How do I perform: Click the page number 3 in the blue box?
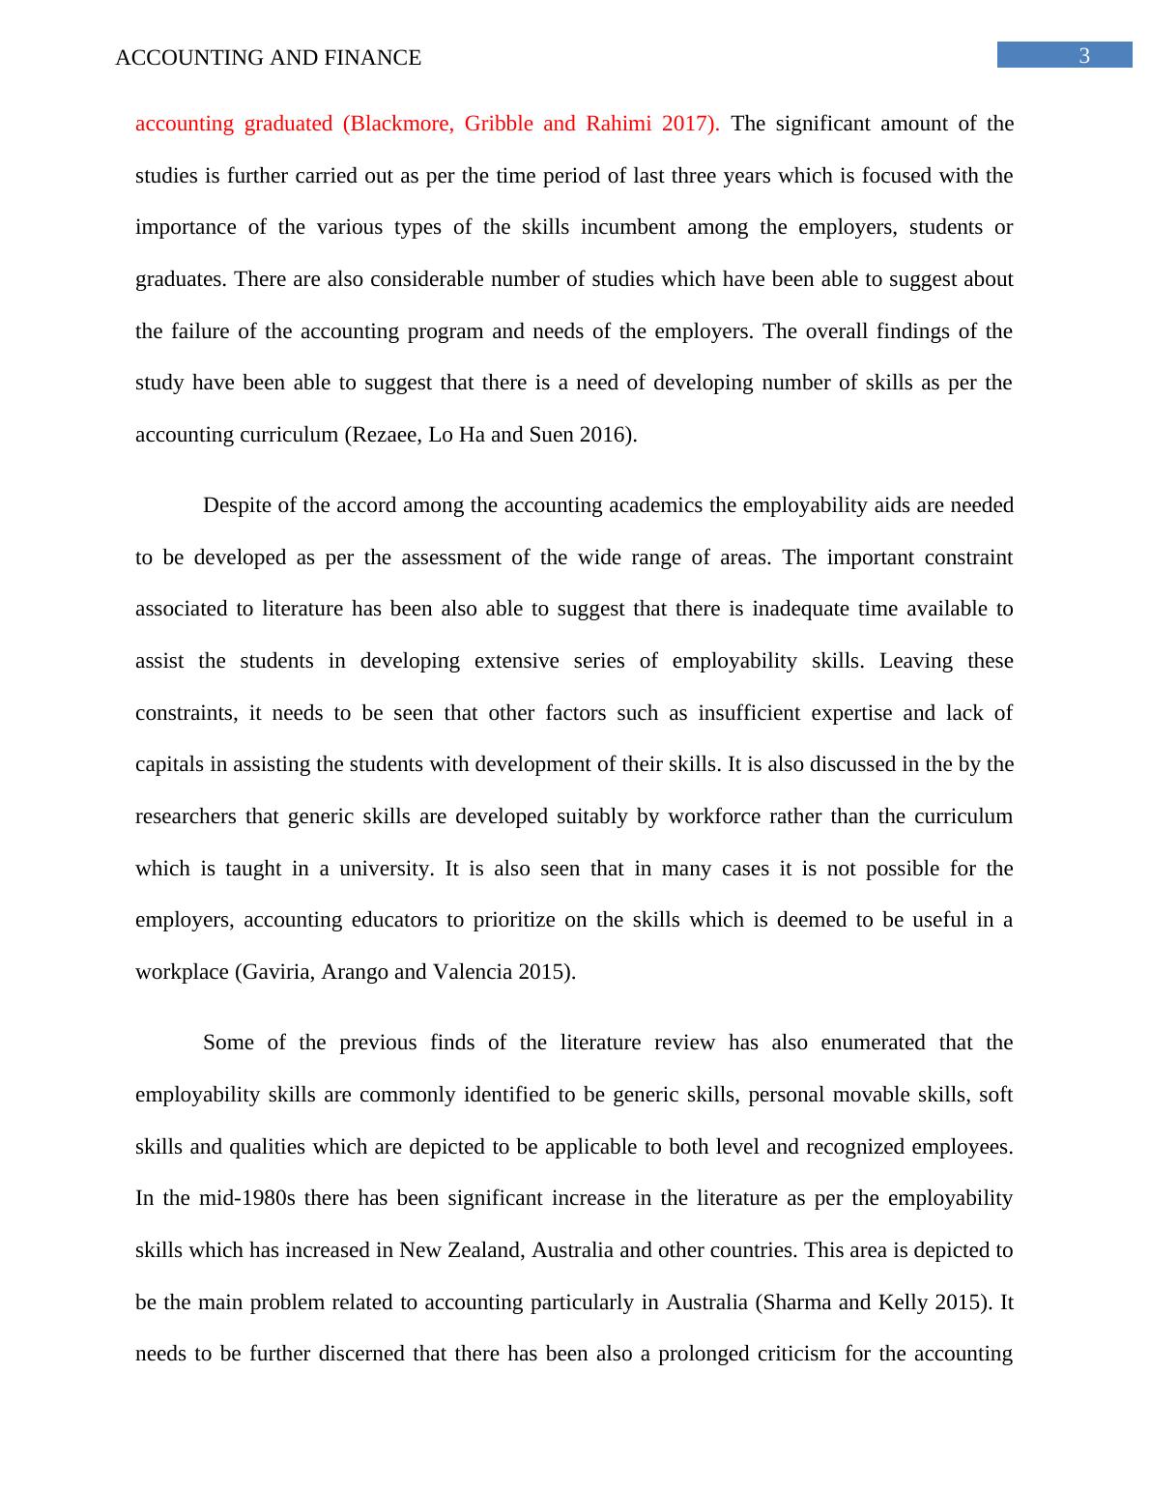pyautogui.click(x=1084, y=56)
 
